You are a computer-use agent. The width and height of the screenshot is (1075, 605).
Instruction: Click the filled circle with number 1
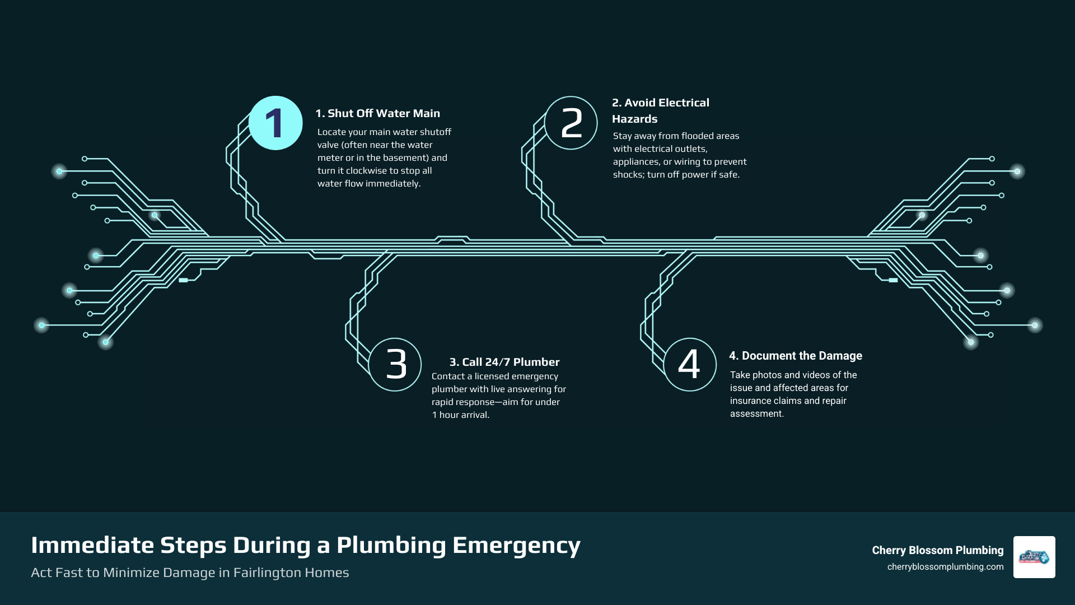coord(275,123)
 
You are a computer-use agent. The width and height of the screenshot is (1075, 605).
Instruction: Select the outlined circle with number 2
coord(571,123)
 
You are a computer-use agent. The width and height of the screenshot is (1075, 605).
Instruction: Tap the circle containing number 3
coord(395,364)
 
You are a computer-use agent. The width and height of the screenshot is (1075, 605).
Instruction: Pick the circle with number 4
coord(690,364)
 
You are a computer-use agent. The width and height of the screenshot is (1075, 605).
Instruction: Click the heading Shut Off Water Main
coord(378,113)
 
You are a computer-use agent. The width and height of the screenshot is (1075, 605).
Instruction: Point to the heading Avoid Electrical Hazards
coord(660,110)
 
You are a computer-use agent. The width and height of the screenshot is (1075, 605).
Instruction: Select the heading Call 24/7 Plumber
coord(504,362)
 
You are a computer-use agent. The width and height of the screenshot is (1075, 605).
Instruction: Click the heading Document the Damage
coord(796,356)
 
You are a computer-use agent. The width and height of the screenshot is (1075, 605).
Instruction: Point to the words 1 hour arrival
coord(460,415)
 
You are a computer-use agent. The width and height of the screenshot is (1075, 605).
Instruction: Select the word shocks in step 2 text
coord(628,175)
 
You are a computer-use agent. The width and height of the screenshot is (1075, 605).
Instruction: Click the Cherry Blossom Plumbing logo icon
coord(1034,557)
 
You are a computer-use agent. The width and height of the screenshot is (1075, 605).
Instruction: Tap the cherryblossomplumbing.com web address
coord(945,567)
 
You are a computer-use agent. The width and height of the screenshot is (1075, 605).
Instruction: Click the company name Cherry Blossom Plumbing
coord(937,550)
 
